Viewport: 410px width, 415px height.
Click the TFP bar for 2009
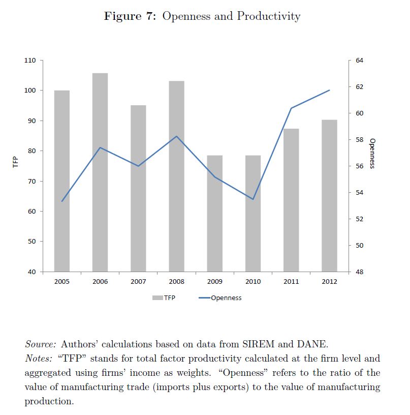point(215,213)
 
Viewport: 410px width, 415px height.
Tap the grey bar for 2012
point(329,195)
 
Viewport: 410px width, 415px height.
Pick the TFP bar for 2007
point(138,188)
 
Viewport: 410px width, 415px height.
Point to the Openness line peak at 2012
point(329,90)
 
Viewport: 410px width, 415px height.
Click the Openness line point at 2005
point(62,201)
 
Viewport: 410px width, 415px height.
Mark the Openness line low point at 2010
point(253,199)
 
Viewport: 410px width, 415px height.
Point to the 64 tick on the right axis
point(360,61)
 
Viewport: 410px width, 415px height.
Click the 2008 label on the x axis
point(176,281)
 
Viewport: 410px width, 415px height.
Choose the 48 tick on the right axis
point(360,272)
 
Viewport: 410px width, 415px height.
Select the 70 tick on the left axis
point(32,181)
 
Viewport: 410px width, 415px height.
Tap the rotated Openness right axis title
point(372,153)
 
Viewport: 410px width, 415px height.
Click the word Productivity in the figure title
point(268,16)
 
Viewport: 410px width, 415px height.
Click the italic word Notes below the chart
point(38,358)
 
